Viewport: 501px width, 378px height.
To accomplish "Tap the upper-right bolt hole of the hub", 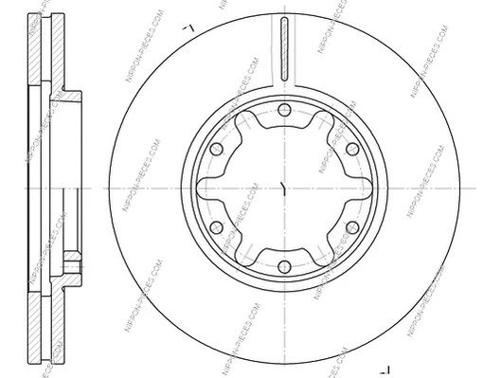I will pos(351,149).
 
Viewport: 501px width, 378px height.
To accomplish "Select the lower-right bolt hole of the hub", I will pos(351,227).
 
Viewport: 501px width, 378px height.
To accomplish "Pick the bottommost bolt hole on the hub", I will pos(284,266).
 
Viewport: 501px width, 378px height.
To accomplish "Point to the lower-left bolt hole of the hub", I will pos(217,227).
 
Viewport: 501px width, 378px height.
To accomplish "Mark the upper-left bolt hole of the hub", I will pos(217,149).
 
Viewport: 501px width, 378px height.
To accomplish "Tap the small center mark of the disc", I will pos(284,188).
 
